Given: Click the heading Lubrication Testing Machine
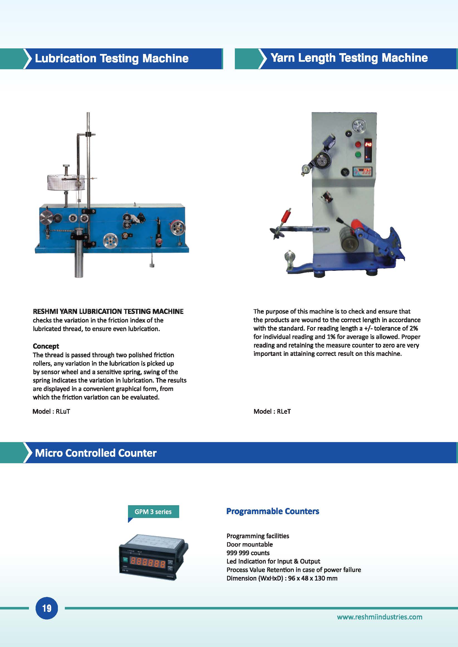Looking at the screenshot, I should [111, 58].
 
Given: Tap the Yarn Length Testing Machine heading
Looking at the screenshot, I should [349, 58].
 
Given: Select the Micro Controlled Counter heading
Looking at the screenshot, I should [96, 453].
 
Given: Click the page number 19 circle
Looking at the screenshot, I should [46, 608].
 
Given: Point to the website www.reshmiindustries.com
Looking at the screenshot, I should [380, 617].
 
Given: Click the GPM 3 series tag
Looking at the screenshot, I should [153, 512].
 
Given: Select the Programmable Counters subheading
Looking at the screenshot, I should [272, 511].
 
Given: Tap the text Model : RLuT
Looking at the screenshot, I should [51, 411].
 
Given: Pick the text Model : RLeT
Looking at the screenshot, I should [272, 411].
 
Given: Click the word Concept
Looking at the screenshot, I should [46, 346].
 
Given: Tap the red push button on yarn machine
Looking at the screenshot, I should [358, 144].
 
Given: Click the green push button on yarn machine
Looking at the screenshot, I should [358, 154].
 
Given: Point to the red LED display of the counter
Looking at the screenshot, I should [147, 564].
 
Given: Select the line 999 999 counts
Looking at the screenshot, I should [248, 553].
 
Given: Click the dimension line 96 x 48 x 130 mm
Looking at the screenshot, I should [282, 578].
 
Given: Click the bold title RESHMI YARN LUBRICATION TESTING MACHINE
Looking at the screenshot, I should [108, 311].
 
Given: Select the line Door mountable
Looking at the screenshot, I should [250, 544].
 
